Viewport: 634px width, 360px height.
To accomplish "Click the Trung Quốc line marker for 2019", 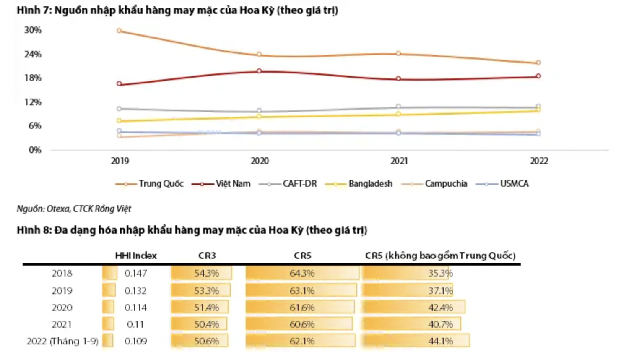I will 119,31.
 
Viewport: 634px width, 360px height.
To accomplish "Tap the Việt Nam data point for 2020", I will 259,71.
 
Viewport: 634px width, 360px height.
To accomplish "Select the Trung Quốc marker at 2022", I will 538,63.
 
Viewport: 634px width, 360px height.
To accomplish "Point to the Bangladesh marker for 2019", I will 119,121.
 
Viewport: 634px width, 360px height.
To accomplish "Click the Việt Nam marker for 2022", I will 538,76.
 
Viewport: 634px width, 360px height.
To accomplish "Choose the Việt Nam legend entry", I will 221,184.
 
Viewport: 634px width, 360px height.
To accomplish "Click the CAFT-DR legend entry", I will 288,184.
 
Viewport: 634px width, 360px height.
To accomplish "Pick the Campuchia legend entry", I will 434,184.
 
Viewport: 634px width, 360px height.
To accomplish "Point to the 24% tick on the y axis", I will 33,54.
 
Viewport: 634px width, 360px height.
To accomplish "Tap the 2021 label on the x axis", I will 399,161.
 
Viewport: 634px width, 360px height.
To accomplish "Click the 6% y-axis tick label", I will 35,126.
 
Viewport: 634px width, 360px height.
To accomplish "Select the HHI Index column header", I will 136,256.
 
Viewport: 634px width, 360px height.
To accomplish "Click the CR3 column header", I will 207,256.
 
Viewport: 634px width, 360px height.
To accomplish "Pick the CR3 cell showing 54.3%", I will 206,273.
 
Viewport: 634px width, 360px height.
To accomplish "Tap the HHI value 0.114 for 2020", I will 135,308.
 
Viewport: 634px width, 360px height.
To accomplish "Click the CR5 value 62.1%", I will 302,341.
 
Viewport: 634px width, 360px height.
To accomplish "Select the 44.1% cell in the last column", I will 440,341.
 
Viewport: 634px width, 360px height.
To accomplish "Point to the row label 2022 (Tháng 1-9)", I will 62,341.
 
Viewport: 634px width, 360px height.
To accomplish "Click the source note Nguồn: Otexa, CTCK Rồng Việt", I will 74,209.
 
